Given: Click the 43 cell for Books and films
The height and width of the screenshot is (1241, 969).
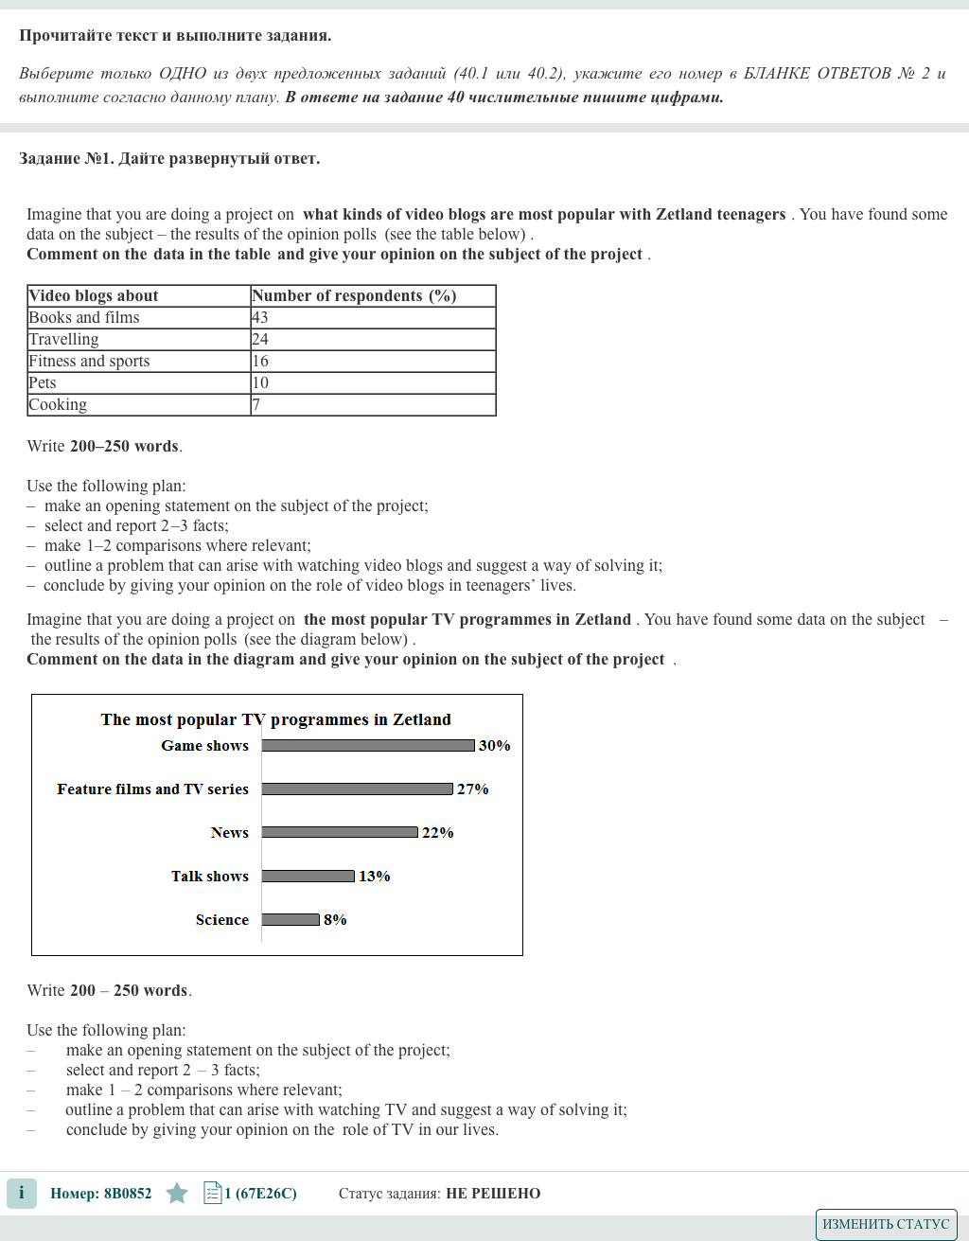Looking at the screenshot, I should point(373,318).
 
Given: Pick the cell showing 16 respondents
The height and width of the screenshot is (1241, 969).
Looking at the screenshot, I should point(373,362).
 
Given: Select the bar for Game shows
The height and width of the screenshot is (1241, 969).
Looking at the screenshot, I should point(368,746).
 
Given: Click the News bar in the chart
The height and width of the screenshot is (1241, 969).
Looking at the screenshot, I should point(340,833).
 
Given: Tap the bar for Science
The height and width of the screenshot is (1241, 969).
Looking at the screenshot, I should point(291,920).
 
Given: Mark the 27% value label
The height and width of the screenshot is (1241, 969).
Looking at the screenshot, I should point(473,789).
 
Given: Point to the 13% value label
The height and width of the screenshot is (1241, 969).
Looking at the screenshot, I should point(375,877).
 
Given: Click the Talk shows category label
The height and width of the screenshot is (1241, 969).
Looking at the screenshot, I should point(210,877).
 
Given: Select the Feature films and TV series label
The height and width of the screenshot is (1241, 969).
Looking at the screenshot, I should point(152,789).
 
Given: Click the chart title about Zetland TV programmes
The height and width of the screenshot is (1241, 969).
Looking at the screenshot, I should point(276,719).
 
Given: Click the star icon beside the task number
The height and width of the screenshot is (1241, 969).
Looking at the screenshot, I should point(177,1194).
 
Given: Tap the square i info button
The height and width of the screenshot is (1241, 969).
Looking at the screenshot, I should point(22,1194).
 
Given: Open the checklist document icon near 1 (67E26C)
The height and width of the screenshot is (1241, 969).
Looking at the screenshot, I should point(213,1194).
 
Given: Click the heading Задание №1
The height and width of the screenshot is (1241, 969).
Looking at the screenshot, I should point(169,159).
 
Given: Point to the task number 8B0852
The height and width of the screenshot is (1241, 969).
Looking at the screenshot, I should point(101,1194).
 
